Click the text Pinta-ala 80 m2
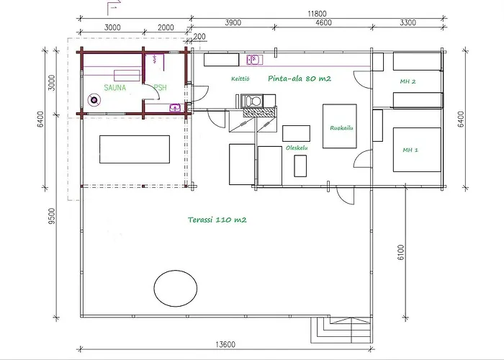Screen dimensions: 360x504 (x=298, y=78)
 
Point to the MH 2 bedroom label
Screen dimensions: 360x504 (x=408, y=81)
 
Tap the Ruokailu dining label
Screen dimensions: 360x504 (x=340, y=129)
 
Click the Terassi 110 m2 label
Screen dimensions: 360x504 (x=217, y=220)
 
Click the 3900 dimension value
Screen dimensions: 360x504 (x=233, y=23)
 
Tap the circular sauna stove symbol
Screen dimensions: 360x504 (x=93, y=102)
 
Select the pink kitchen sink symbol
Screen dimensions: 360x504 (x=253, y=60)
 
